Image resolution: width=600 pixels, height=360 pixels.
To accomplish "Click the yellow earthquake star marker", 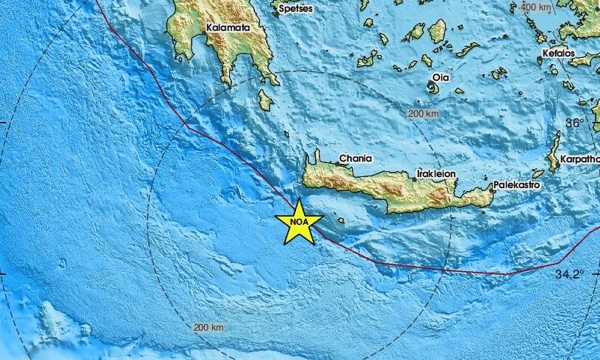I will coord(299,222).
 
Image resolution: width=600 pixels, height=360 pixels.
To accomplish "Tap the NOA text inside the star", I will coord(299,221).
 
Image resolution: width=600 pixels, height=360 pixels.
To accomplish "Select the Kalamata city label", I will coord(228,28).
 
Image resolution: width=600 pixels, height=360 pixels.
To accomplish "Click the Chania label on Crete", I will coord(355,158).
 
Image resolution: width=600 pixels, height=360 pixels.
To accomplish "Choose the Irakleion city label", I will coord(436,173).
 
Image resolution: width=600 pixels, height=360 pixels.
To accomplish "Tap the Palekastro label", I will coord(516,185).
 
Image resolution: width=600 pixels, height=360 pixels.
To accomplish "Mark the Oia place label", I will coord(441,77).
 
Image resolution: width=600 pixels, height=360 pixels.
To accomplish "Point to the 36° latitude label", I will coord(575,123).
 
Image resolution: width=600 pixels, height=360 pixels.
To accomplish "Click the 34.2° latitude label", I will coord(569,274).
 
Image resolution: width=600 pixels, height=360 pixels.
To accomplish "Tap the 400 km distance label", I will coord(535,7).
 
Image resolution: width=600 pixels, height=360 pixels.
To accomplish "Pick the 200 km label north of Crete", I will coord(422,114).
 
